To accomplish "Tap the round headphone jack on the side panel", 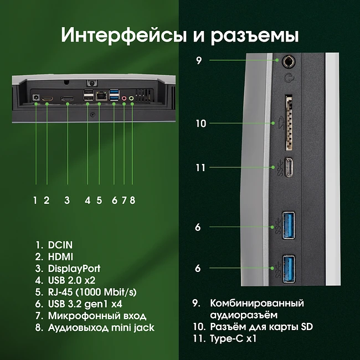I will coord(288,60).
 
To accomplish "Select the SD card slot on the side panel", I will coord(288,123).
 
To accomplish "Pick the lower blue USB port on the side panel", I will coord(289,269).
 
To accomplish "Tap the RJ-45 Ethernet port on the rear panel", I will coord(100,96).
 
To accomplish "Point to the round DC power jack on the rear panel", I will coord(36,99).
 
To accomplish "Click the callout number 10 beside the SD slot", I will coord(200,124).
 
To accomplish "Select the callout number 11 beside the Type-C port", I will coord(200,167).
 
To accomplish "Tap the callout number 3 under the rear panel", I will coord(66,200).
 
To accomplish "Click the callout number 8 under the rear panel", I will coord(132,200).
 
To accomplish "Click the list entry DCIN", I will coord(60,244).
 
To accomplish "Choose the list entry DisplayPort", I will coord(74,269).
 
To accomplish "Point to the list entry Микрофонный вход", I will coord(97,316).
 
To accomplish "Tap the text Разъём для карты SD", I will coord(258,326).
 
